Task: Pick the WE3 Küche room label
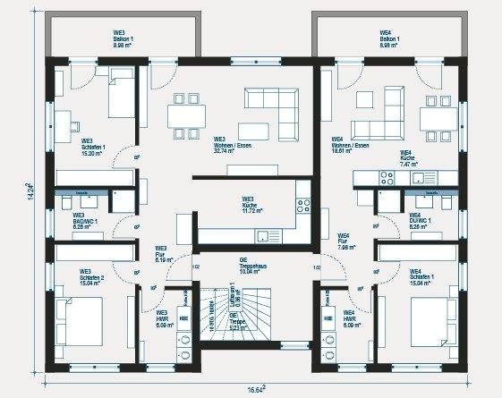pos(248,203)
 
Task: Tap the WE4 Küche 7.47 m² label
pos(408,157)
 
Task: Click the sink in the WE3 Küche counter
pos(265,237)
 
